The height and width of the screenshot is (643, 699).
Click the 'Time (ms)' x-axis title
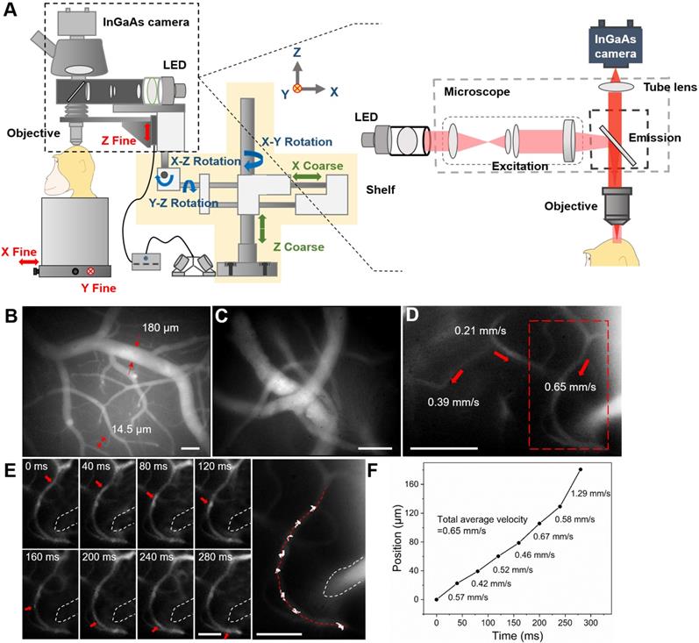coord(513,636)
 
